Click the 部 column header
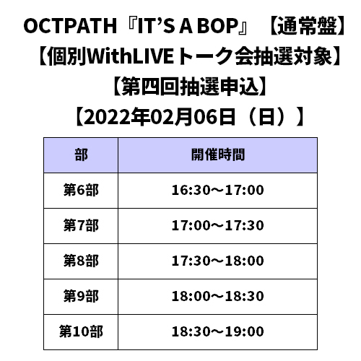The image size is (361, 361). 81,155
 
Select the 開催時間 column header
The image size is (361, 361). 218,155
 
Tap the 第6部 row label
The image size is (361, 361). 81,190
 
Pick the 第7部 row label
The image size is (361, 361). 81,225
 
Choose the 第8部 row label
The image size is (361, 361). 81,261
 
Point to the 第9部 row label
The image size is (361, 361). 81,296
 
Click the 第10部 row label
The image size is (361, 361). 81,331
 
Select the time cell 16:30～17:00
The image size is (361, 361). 218,190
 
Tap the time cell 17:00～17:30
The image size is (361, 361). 218,225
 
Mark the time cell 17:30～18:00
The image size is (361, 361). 218,261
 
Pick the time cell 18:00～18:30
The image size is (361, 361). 218,296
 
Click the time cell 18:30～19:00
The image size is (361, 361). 218,331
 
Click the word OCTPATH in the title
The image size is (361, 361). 70,26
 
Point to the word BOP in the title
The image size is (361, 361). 218,26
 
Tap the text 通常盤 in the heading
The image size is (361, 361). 308,26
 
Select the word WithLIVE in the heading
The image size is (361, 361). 130,56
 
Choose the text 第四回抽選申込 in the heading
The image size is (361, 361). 191,87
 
